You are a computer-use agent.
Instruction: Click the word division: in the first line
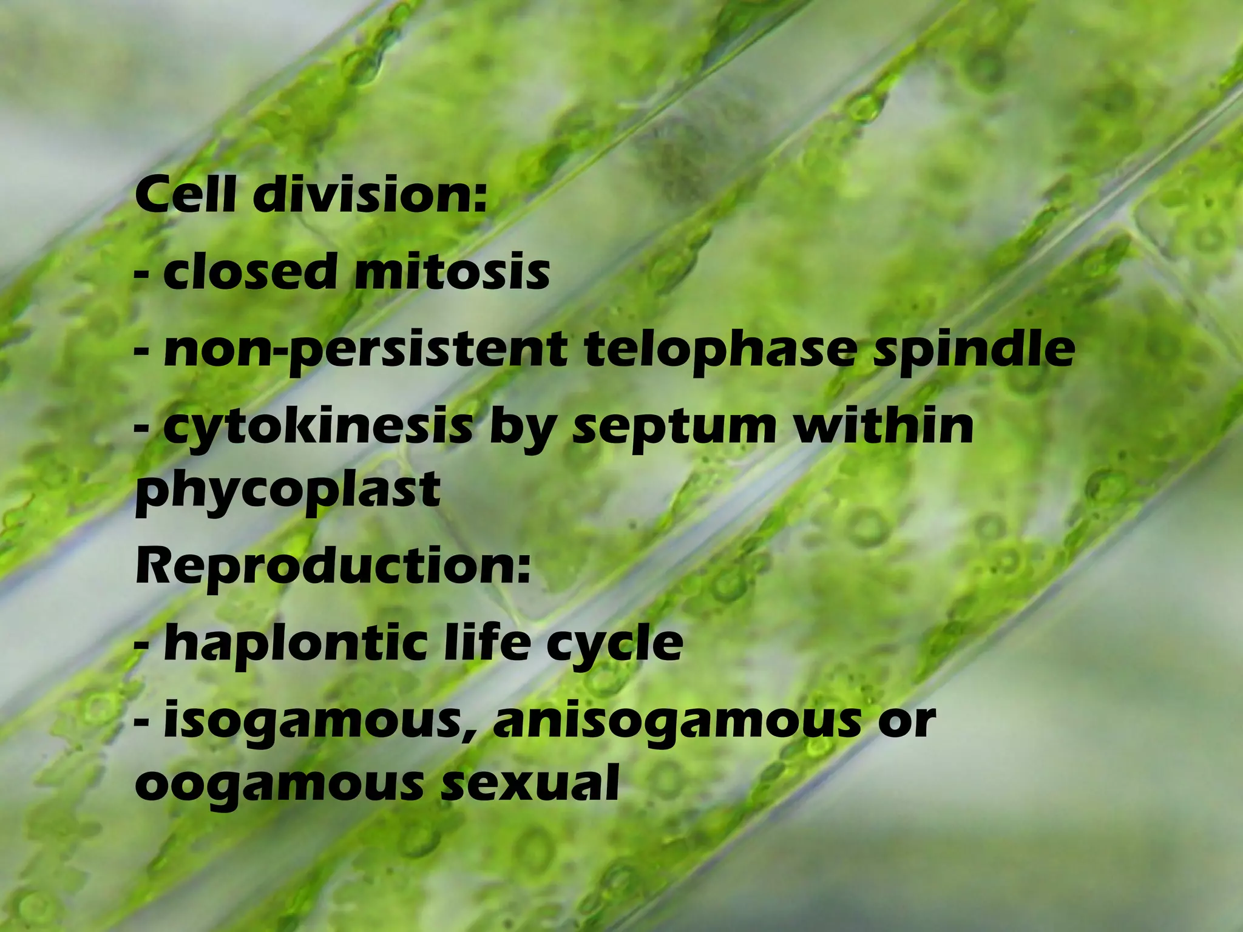pos(370,194)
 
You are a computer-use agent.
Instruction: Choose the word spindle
pos(974,351)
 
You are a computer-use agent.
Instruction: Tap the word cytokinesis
pos(318,428)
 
